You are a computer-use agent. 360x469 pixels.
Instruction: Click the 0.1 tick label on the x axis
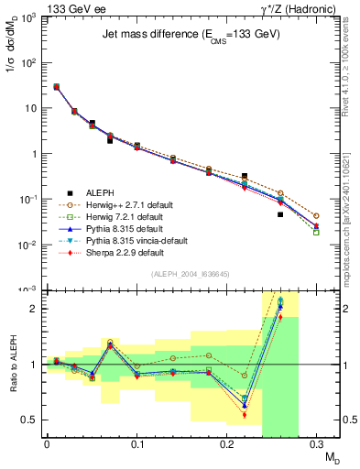pos(136,449)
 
